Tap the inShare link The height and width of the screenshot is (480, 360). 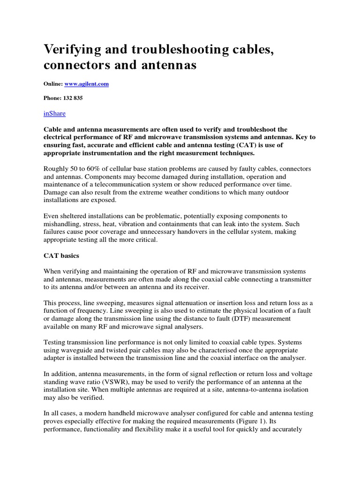pos(55,113)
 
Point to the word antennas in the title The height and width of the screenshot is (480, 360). pos(162,65)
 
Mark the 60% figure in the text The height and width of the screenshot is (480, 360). pos(91,168)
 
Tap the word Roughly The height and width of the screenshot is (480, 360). pos(57,168)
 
